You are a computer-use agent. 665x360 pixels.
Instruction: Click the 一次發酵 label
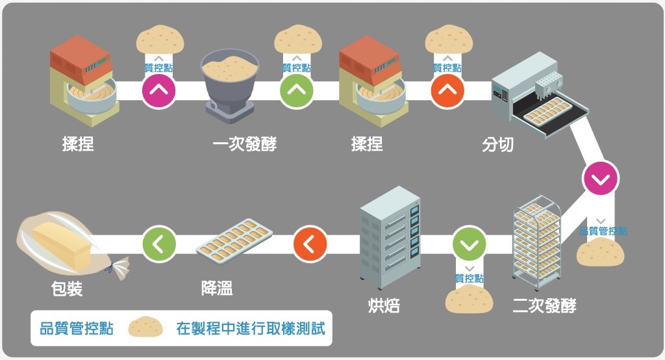pos(244,144)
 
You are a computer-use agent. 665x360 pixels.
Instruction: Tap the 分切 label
pos(497,144)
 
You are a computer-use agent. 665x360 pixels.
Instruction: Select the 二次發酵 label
pos(544,305)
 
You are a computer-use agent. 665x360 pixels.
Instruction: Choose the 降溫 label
pos(218,288)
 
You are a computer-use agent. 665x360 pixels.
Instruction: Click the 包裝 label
pos(67,289)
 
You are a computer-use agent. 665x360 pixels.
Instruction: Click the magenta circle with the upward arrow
pos(158,90)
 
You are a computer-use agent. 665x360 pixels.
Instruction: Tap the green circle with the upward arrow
pos(296,90)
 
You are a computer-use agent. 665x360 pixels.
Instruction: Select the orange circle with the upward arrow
pos(447,90)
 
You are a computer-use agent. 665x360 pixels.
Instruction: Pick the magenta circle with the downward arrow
pos(601,177)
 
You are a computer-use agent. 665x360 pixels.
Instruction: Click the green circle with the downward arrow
pos(469,244)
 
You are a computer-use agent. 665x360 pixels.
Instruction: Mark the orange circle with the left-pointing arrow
pos(310,244)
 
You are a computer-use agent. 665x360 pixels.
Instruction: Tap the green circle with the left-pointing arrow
pos(159,244)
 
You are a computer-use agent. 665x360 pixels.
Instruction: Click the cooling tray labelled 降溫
pos(234,238)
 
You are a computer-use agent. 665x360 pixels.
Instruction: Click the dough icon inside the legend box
pos(145,328)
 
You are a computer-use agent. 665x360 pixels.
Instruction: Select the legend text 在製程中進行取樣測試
pos(250,328)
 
